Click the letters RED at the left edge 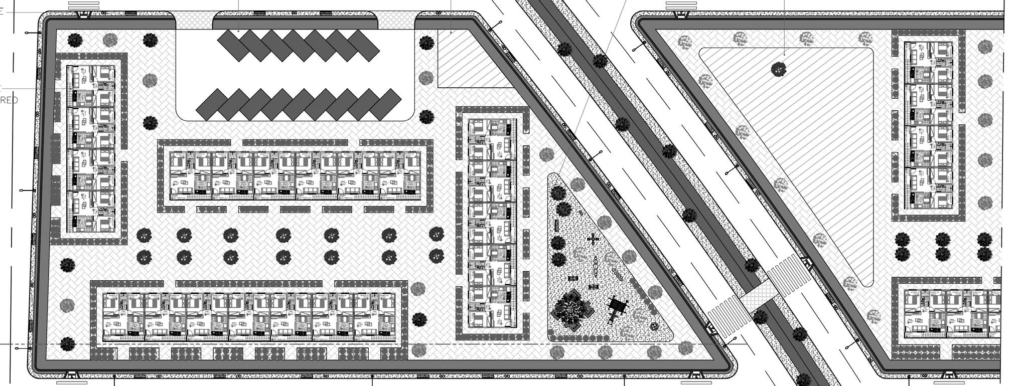coord(9,101)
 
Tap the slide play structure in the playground coord(617,308)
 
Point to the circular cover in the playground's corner coord(654,326)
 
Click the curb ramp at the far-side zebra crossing coord(806,262)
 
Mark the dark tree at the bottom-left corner coord(68,344)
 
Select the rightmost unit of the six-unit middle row coord(400,175)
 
